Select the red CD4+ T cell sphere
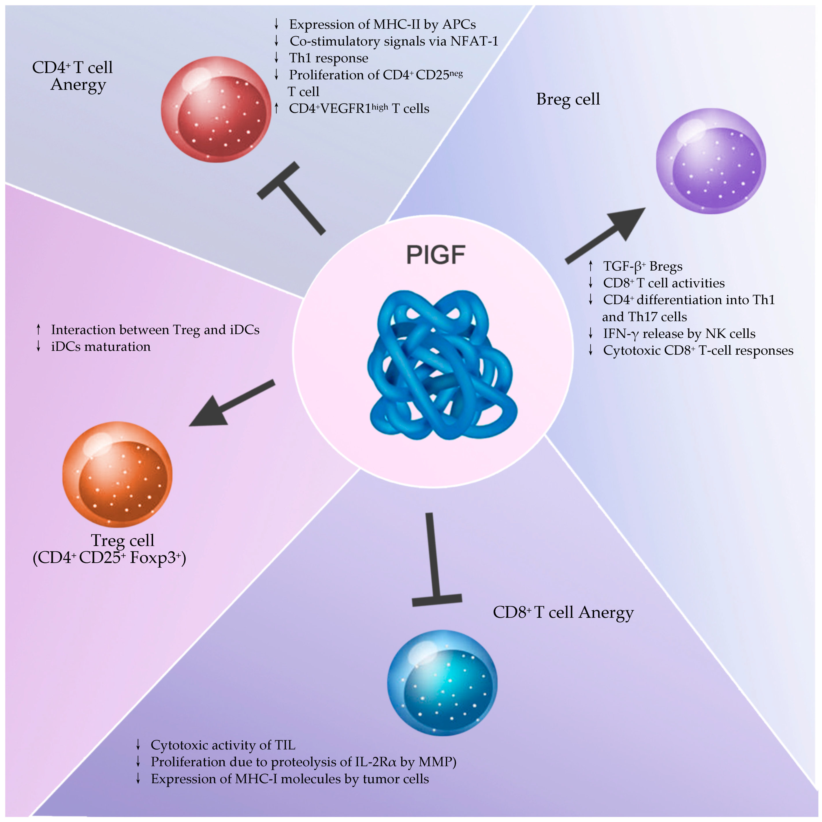[216, 109]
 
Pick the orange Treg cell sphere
[117, 474]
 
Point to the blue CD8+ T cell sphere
[442, 682]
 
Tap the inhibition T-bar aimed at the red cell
[293, 198]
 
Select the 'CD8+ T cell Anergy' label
[563, 612]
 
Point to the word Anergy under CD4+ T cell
[78, 85]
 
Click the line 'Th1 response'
[328, 58]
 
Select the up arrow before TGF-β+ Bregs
[591, 266]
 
